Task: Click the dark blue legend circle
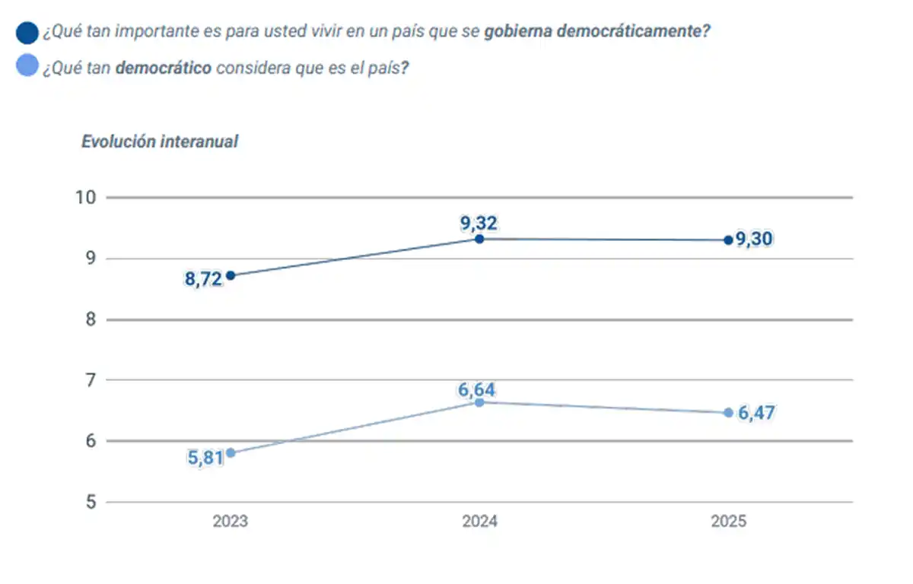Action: pos(27,33)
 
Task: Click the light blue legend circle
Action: pos(27,66)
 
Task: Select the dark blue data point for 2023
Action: pos(231,275)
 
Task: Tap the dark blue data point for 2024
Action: pos(479,239)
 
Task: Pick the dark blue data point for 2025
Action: pos(728,240)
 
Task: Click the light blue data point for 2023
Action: pos(231,452)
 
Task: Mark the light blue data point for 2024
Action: pos(479,402)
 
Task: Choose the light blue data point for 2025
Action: pos(728,413)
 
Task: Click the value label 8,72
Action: pos(203,279)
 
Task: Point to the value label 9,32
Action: pos(479,223)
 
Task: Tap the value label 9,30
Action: pos(754,240)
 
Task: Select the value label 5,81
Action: pos(205,459)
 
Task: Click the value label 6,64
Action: pos(476,390)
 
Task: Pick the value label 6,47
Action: pos(756,414)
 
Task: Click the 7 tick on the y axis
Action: pos(90,380)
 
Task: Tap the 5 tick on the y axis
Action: pos(90,502)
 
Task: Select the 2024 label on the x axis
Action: pos(479,522)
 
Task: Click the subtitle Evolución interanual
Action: pos(160,141)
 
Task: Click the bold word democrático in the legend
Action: pos(164,67)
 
